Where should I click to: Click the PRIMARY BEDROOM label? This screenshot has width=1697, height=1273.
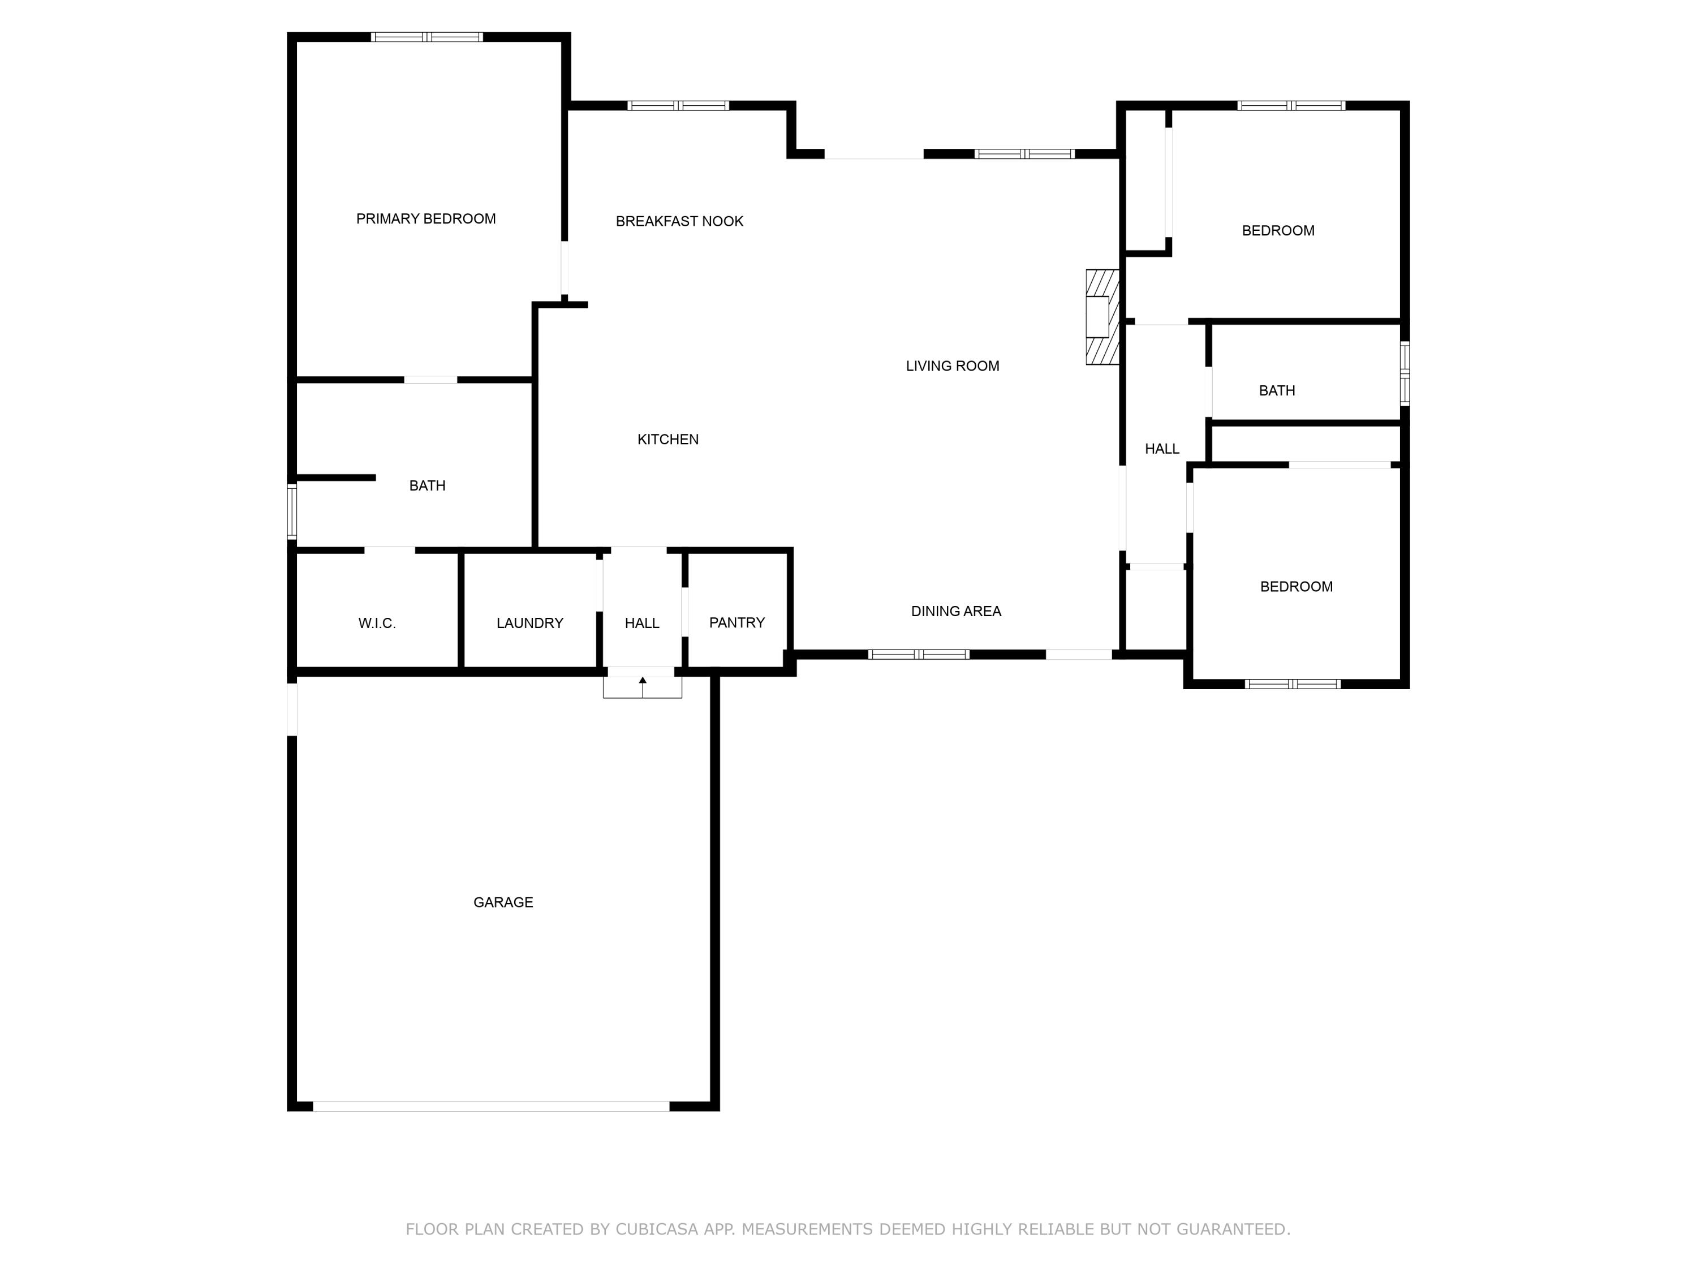click(426, 219)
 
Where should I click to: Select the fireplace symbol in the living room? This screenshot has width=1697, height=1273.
click(1102, 317)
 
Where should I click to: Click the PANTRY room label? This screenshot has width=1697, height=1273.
click(736, 622)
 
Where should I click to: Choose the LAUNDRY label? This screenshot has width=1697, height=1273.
click(529, 623)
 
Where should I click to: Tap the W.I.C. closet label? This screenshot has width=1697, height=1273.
click(377, 623)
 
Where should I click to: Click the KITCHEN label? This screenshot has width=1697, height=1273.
click(667, 439)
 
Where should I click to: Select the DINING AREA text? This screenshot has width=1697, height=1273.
click(955, 611)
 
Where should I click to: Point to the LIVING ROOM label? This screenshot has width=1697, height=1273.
click(952, 366)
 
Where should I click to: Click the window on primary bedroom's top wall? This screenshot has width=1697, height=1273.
click(427, 37)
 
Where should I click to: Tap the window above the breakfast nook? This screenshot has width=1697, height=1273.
click(678, 106)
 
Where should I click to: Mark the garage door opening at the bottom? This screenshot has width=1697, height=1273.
click(491, 1106)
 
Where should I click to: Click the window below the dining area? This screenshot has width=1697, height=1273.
click(918, 655)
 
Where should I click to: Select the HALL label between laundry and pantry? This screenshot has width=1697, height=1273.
click(641, 623)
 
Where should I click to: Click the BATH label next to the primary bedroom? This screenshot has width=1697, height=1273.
click(427, 485)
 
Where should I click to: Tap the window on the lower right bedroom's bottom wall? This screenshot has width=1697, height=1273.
click(1292, 683)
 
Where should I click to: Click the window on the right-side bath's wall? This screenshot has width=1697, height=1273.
click(1404, 373)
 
